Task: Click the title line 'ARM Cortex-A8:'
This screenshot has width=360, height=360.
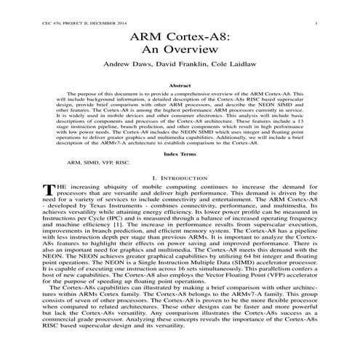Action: [180, 36]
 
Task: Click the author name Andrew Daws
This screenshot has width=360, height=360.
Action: [127, 65]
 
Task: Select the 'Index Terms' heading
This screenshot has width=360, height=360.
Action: [180, 154]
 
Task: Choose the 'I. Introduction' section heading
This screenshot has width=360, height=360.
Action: [180, 177]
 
